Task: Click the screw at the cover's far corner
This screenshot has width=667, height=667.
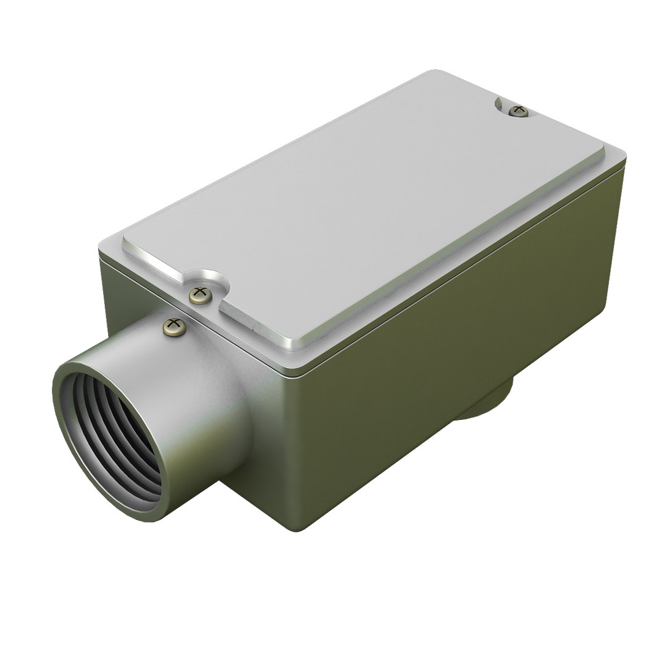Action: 519,111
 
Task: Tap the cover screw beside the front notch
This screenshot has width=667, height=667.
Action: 200,295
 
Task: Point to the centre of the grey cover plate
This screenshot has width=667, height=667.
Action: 364,210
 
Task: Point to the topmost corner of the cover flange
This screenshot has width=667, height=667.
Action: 432,72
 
